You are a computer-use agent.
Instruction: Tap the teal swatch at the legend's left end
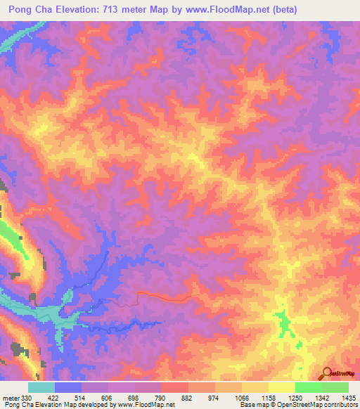point(41,387)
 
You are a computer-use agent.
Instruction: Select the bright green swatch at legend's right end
point(335,387)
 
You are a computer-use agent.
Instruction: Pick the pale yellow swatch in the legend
point(281,387)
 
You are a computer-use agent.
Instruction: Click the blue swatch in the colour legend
point(68,387)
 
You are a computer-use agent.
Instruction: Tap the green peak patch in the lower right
point(284,324)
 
